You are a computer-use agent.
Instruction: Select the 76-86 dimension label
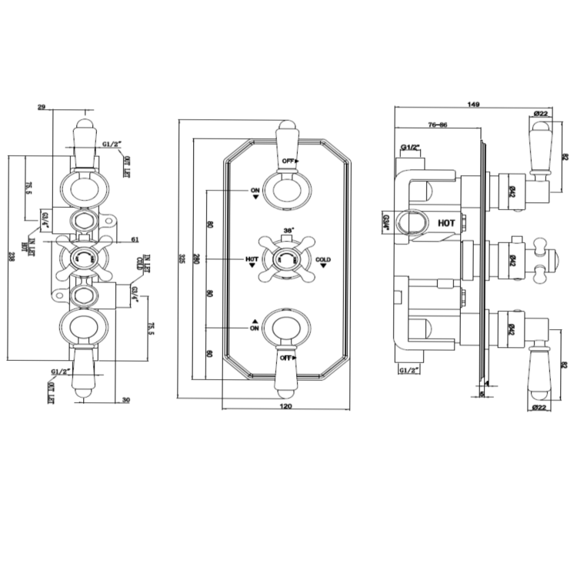click(x=438, y=124)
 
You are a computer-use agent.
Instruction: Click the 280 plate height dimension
click(x=197, y=258)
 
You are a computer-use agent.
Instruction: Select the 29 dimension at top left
click(x=41, y=108)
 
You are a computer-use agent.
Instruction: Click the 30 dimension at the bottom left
click(x=125, y=399)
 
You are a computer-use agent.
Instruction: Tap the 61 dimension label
click(x=135, y=240)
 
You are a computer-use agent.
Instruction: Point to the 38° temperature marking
click(x=288, y=230)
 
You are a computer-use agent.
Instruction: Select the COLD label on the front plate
click(x=322, y=260)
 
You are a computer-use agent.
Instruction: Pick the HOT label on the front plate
click(x=252, y=260)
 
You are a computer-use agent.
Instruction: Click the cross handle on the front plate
click(x=286, y=259)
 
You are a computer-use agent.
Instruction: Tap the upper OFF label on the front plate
click(x=288, y=160)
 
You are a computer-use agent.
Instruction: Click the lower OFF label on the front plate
click(x=288, y=359)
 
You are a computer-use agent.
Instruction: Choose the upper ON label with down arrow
click(x=255, y=189)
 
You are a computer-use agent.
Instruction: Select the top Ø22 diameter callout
click(x=540, y=114)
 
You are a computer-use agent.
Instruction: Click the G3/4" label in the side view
click(x=385, y=222)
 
